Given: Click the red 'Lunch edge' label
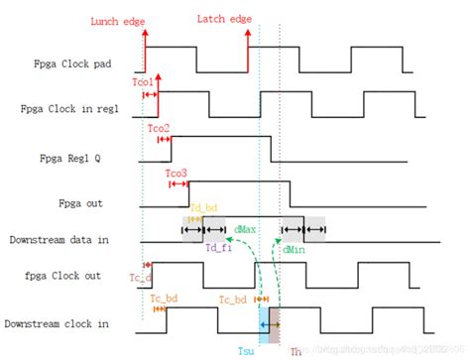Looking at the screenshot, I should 116,20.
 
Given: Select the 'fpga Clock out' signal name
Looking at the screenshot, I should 63,273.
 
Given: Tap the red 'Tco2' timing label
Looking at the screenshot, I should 159,129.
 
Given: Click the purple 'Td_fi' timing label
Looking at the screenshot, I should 218,248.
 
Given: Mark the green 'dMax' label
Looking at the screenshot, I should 245,229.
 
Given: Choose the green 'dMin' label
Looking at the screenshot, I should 293,248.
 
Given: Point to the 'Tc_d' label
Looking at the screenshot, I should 138,279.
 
